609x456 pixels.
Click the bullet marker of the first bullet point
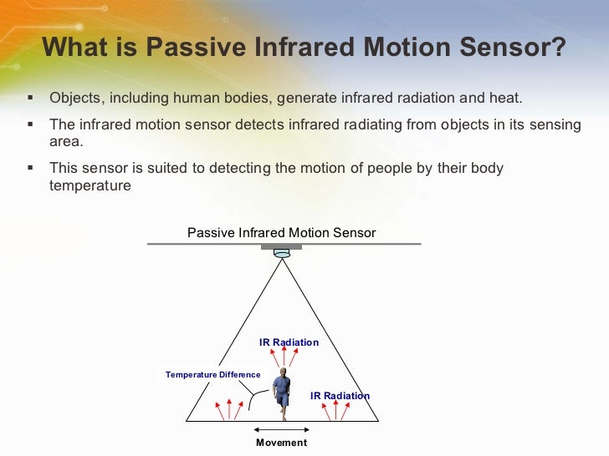[31, 98]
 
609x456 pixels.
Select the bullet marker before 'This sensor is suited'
[31, 168]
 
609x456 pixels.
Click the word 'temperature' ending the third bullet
[90, 185]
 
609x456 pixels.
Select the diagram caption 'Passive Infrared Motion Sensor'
[281, 233]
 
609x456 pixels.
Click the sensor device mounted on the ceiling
[281, 251]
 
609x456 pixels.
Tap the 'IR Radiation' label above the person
[289, 342]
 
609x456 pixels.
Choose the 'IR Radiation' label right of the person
[340, 395]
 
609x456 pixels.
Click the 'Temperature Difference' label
[212, 375]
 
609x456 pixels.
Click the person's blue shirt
[283, 386]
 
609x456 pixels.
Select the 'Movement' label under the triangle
[281, 443]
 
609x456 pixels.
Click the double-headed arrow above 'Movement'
[281, 429]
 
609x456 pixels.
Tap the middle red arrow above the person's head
[281, 357]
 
